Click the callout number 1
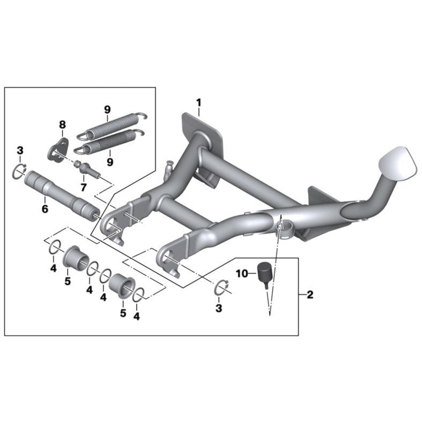point(199,103)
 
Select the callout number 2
point(310,295)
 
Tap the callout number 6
point(45,208)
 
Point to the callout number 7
point(83,187)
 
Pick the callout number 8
point(62,124)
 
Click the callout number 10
point(242,274)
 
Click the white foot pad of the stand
point(398,163)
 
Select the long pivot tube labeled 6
point(61,196)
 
